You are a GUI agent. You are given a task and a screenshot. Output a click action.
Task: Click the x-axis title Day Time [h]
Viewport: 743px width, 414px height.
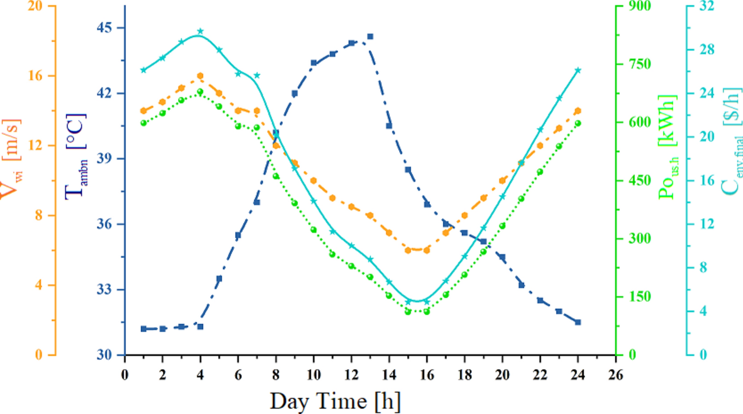click(x=335, y=401)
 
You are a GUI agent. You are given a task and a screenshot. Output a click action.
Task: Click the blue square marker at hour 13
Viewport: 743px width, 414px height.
click(x=370, y=36)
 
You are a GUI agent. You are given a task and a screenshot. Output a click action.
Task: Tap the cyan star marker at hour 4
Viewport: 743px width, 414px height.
click(x=200, y=31)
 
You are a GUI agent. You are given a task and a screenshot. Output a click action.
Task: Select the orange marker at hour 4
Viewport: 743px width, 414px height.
click(x=200, y=76)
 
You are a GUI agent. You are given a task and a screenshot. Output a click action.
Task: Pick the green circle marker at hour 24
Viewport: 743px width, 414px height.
click(x=578, y=123)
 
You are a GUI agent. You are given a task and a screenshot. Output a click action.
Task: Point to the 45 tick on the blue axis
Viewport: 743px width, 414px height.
click(x=105, y=28)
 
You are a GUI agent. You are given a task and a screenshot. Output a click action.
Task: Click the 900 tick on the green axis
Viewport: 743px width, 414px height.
click(x=639, y=6)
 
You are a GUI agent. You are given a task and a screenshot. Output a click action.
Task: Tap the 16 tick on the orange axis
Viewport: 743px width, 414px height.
click(x=35, y=75)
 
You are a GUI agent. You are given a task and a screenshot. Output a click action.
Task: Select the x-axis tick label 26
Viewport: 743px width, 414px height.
click(x=616, y=375)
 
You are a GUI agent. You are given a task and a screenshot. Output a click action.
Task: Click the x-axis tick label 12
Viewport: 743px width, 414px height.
click(x=351, y=375)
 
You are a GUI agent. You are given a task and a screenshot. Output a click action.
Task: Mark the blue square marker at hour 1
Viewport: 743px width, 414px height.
click(x=144, y=329)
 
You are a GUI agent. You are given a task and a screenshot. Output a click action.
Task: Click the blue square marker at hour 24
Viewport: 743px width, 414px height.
click(x=578, y=322)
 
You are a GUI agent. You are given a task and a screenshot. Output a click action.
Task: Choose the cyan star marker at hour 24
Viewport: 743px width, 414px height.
click(x=578, y=70)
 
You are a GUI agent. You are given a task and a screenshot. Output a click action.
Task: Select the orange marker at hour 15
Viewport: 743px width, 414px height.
click(x=408, y=250)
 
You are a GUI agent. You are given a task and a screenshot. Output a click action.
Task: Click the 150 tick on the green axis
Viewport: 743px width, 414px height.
click(x=639, y=296)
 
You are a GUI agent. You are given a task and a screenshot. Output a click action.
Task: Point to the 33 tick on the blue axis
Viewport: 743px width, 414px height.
click(x=105, y=289)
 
